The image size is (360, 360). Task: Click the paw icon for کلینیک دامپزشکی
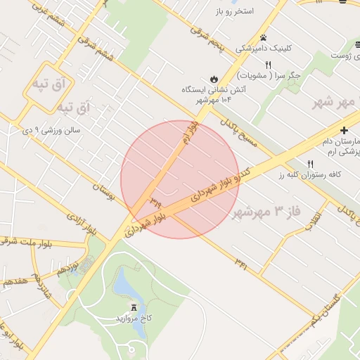coord(263,37)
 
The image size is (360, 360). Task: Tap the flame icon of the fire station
coord(214,79)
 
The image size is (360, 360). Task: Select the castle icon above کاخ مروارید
coord(134,307)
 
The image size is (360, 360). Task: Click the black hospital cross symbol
coord(344,130)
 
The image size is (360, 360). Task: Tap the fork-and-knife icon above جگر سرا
coord(268,65)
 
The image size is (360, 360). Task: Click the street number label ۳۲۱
coord(241,265)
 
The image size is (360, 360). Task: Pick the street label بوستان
coord(101,188)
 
